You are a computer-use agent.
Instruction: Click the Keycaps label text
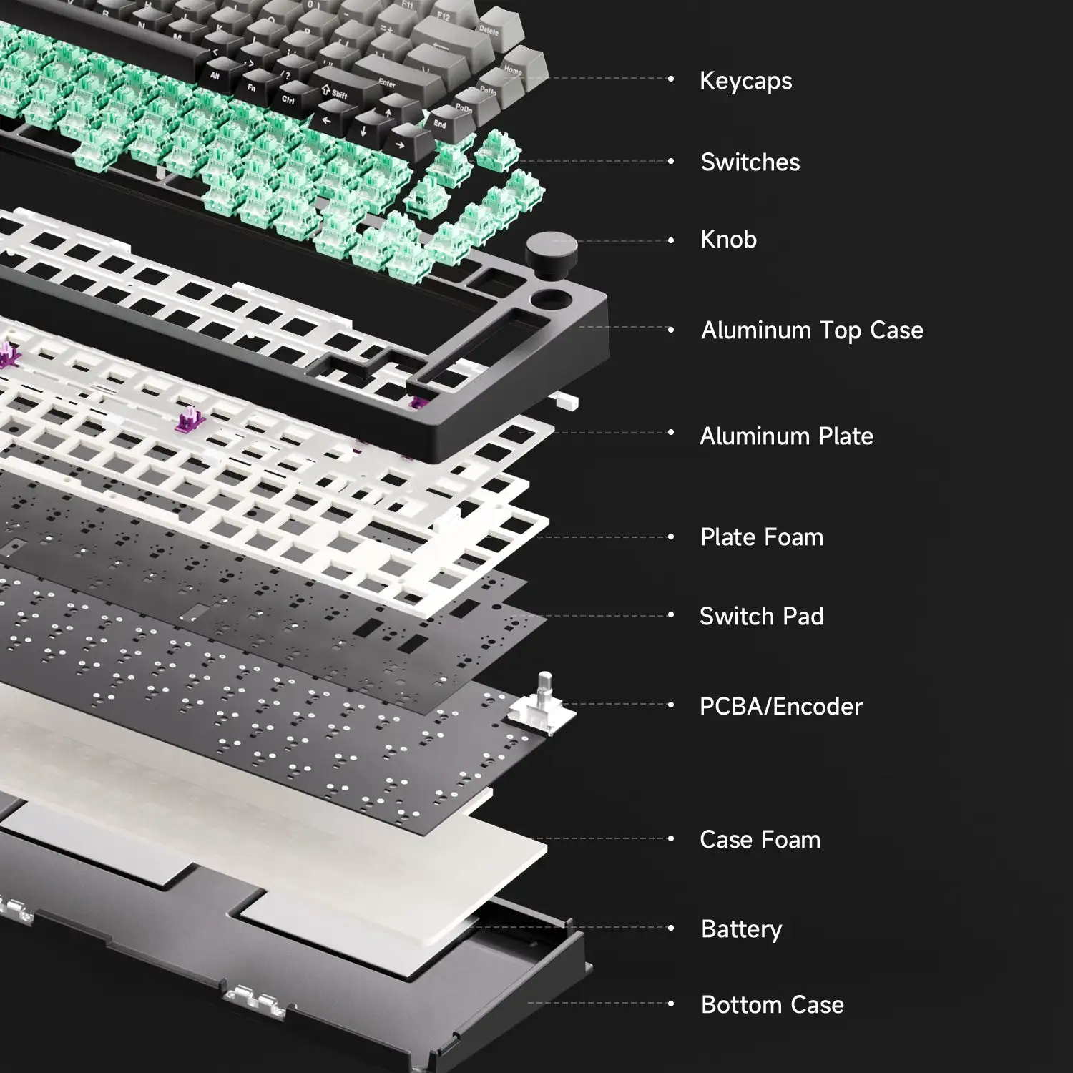click(x=745, y=81)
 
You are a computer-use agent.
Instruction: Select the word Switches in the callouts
click(x=750, y=162)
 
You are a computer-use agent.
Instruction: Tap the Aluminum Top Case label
click(x=812, y=330)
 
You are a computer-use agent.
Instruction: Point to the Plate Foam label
click(x=762, y=537)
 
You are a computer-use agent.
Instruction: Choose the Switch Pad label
click(x=762, y=616)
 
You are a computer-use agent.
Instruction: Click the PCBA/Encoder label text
click(x=781, y=706)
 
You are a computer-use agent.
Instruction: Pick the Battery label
click(x=741, y=929)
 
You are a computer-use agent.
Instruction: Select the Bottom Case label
click(x=773, y=1004)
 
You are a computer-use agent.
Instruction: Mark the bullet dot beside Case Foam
click(x=671, y=839)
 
